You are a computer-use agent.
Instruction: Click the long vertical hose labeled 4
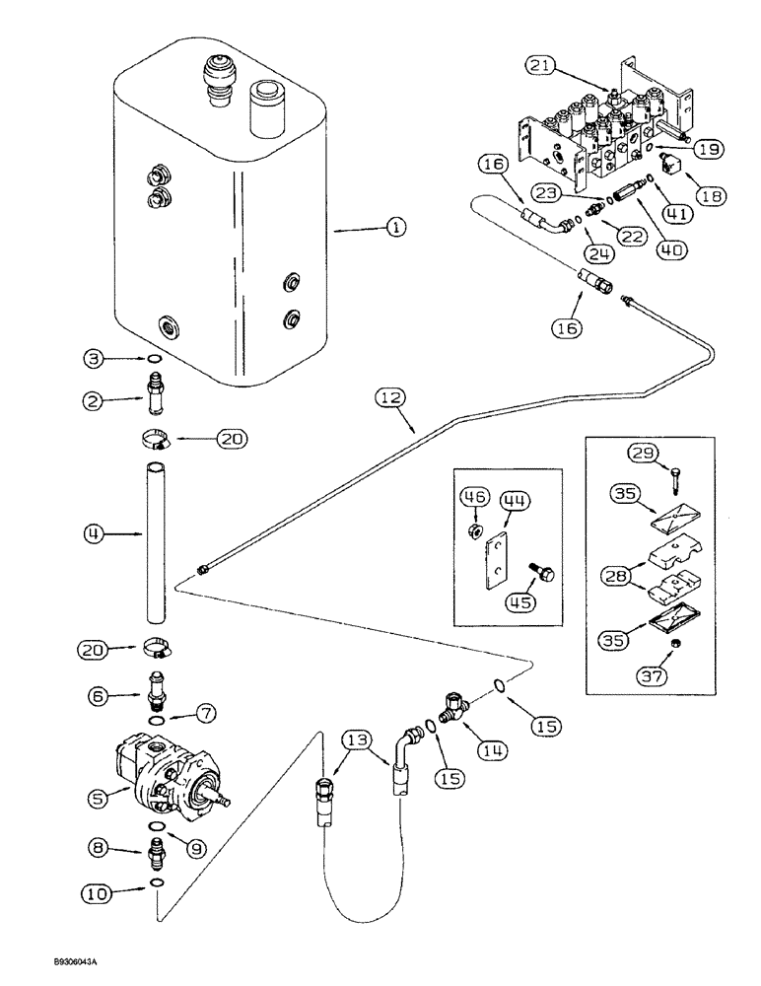tap(156, 542)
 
